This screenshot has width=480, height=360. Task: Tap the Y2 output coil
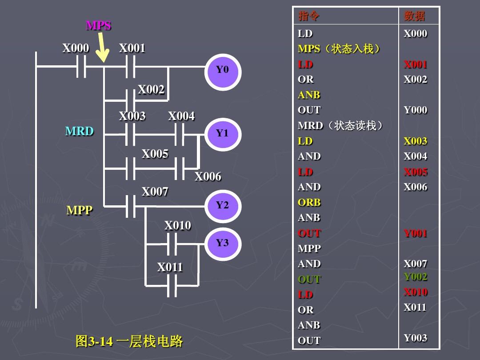pos(223,205)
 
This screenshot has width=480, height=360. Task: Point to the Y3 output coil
pos(223,243)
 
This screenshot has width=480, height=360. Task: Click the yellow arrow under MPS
pos(102,48)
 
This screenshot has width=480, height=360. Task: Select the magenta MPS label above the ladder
pos(98,26)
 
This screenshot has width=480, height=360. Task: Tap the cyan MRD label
pos(80,132)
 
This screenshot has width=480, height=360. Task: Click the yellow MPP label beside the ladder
pos(80,211)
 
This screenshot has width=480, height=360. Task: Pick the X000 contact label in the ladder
pos(76,48)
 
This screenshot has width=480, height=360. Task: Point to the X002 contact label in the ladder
pos(151,90)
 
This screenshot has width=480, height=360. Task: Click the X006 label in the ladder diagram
pos(208,177)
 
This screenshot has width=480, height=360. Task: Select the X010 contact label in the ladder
pos(178,226)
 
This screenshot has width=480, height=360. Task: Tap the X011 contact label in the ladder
pos(170,268)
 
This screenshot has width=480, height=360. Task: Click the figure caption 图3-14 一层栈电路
pos(129,341)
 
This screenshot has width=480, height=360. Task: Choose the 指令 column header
pos(309,16)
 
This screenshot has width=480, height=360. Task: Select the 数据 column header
pos(415,16)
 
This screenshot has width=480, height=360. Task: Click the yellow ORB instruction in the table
pos(309,203)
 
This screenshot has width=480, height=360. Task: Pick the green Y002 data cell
pos(416,277)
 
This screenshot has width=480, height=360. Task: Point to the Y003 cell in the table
pos(416,338)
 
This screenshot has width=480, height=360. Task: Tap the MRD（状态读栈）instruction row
pos(340,126)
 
